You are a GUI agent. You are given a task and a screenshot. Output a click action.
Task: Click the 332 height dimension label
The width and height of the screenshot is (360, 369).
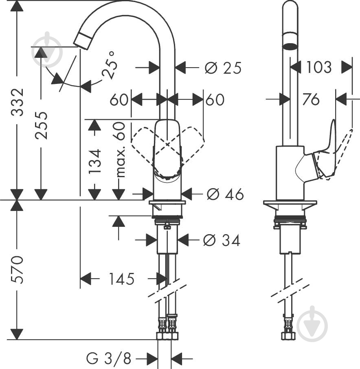[18, 102]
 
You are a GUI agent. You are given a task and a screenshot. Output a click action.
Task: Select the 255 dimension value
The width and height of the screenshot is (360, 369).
[41, 125]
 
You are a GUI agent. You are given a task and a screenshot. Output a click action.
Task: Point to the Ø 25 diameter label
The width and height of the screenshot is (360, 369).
[223, 68]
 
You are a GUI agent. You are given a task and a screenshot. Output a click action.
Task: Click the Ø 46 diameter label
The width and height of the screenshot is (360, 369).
[225, 194]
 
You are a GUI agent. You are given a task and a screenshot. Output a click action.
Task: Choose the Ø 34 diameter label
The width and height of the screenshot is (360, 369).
[222, 240]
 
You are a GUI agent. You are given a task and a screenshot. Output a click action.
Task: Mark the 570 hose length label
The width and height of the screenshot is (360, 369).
[18, 269]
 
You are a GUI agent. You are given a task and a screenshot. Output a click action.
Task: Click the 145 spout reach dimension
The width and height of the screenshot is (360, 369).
[121, 279]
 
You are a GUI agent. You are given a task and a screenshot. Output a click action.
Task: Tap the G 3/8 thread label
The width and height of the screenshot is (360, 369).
[108, 359]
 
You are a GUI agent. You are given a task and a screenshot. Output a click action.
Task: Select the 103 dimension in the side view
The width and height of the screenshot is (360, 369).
[319, 67]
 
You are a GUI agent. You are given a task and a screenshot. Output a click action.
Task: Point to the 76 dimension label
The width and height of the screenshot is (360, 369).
[311, 99]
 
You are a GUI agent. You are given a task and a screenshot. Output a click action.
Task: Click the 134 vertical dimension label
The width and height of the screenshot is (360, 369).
[94, 161]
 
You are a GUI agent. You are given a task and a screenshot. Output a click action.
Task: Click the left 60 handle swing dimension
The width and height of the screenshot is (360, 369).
[119, 99]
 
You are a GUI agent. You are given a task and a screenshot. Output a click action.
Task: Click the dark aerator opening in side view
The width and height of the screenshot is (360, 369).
[290, 46]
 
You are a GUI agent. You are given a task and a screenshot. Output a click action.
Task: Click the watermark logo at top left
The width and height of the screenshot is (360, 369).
[47, 49]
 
